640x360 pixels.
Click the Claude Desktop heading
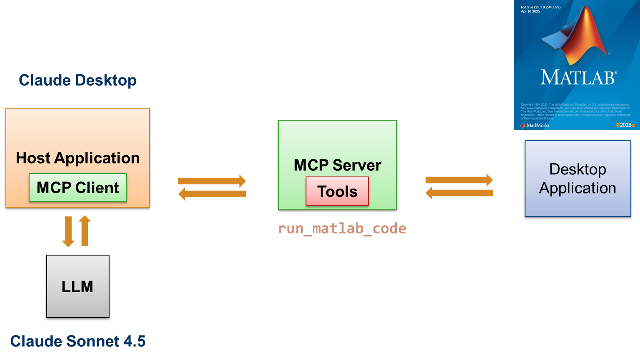[x=77, y=80]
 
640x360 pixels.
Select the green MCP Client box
[x=77, y=188]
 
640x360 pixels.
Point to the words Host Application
[x=77, y=158]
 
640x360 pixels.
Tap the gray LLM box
[x=77, y=286]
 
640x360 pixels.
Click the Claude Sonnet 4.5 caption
[x=77, y=341]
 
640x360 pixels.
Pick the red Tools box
[x=337, y=191]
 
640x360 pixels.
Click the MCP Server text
[x=337, y=165]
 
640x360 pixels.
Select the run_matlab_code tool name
[x=342, y=228]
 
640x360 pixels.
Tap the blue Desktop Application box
[x=578, y=179]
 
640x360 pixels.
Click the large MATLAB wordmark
[x=578, y=77]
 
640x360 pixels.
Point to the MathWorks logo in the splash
[x=535, y=125]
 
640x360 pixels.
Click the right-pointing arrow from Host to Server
[x=212, y=181]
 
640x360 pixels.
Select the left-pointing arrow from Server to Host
[x=212, y=194]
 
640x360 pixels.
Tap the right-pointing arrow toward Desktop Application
[x=459, y=180]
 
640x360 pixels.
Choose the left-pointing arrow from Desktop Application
[x=459, y=193]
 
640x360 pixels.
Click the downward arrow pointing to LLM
[x=68, y=231]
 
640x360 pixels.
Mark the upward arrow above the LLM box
[x=85, y=231]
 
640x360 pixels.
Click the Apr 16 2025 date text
[x=530, y=12]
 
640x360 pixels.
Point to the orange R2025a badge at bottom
[x=625, y=125]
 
